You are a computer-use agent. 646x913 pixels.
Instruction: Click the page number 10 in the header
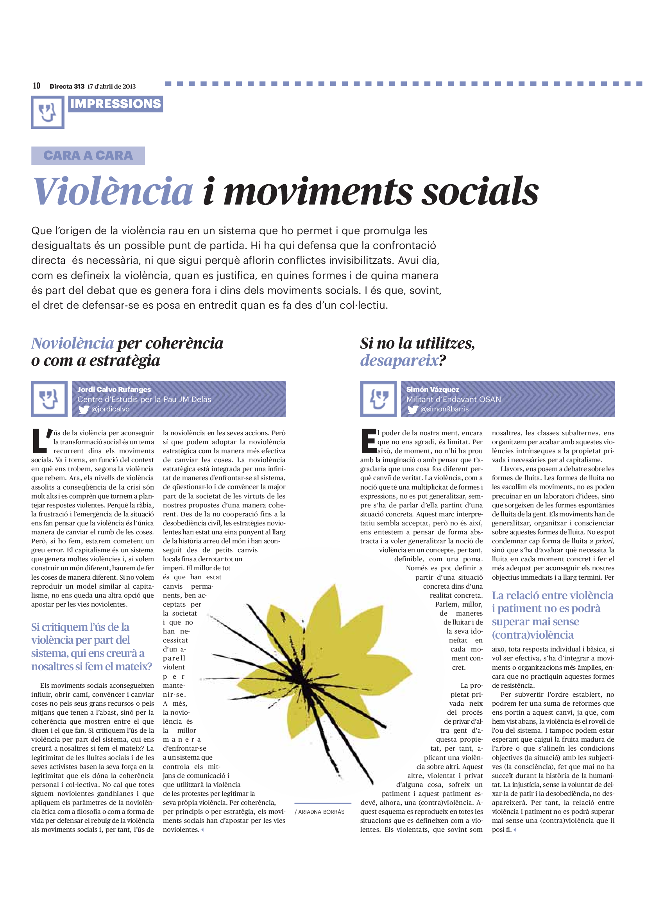36,86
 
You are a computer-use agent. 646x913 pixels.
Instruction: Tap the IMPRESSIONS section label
115,104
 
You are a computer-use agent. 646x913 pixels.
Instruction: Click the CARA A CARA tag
88,155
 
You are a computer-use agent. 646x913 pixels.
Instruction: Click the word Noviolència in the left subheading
72,343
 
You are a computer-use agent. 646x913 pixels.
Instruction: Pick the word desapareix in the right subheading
399,360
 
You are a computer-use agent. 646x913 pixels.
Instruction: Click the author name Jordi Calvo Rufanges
114,389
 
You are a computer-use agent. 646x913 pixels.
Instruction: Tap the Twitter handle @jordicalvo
110,409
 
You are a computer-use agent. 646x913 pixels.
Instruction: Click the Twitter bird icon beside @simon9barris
413,409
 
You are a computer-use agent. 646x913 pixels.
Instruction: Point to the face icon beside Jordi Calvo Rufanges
49,399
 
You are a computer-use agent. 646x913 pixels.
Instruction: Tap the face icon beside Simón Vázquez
379,399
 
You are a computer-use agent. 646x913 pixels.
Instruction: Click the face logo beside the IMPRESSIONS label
48,112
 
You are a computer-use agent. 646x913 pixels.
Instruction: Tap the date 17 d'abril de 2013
111,86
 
